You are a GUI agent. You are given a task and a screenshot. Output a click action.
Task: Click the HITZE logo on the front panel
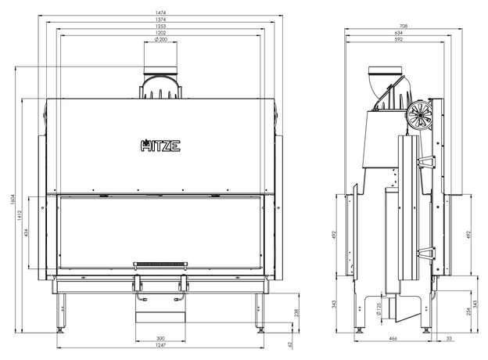[x=160, y=146]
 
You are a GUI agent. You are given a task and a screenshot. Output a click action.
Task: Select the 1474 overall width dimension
[x=161, y=13]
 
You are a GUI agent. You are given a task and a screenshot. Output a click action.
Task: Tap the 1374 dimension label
[x=161, y=20]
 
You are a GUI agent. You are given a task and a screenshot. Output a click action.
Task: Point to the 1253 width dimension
[x=161, y=26]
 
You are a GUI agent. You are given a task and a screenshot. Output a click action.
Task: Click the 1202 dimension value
[x=161, y=32]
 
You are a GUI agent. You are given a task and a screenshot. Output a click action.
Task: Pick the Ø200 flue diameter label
[x=161, y=39]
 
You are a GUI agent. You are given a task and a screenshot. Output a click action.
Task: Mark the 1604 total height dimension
[x=13, y=200]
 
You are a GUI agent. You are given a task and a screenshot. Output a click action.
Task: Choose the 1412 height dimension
[x=20, y=215]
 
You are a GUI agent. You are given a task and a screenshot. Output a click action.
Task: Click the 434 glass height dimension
[x=26, y=232]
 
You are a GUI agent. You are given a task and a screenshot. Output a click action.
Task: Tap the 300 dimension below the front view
[x=160, y=338]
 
